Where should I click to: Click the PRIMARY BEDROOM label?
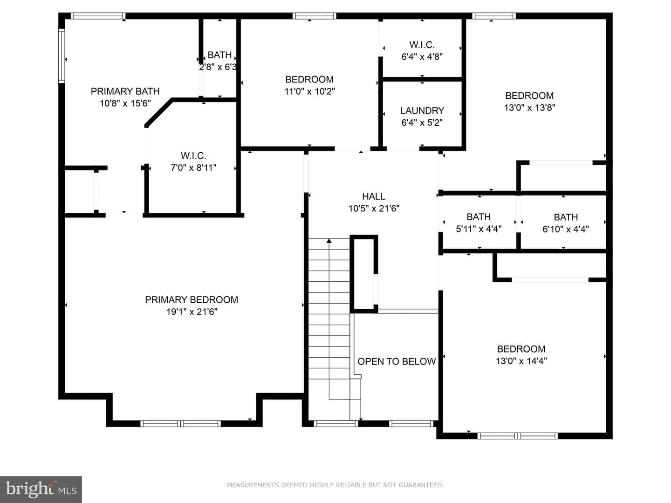click(x=192, y=299)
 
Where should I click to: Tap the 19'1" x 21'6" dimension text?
click(x=192, y=312)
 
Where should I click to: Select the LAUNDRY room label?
click(x=422, y=110)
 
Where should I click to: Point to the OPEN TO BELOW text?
click(x=397, y=361)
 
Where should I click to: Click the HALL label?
click(x=374, y=197)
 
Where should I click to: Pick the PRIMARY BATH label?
click(x=125, y=91)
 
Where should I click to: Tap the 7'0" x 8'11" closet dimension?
click(x=193, y=168)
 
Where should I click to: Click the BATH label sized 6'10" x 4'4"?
click(x=566, y=217)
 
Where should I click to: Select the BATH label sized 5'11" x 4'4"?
click(x=479, y=217)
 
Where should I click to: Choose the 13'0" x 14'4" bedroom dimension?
click(x=521, y=361)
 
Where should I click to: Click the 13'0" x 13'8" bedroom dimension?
click(x=529, y=108)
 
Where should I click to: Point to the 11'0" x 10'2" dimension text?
click(x=310, y=91)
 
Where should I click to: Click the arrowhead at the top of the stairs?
click(x=329, y=241)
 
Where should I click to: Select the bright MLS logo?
click(x=41, y=489)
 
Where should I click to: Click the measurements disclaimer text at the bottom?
click(x=335, y=485)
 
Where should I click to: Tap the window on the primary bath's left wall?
click(x=62, y=56)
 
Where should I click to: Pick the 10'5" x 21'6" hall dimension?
click(x=374, y=209)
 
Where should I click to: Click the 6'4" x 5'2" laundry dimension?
click(x=422, y=123)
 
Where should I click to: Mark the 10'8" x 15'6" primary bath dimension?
click(x=125, y=103)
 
